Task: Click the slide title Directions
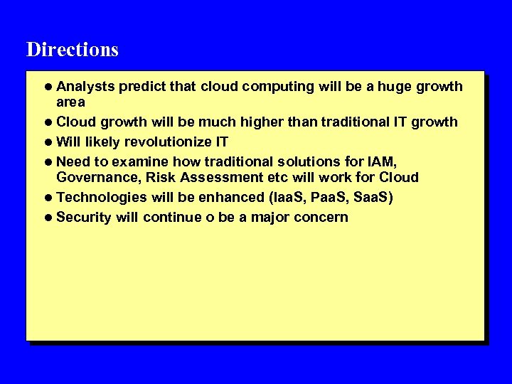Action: pos(73,50)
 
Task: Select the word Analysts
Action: pos(85,87)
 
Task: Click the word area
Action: pos(70,102)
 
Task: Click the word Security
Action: pos(84,217)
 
